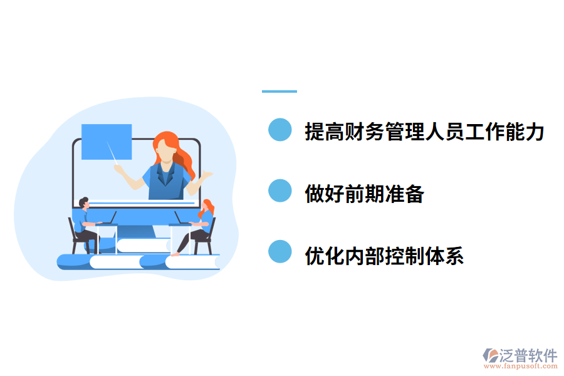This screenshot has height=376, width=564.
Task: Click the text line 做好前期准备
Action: [x=364, y=194]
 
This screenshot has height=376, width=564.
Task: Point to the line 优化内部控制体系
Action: [x=384, y=256]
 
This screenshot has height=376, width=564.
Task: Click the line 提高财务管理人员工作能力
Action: [x=424, y=132]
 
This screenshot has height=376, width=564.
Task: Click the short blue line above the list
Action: [x=279, y=91]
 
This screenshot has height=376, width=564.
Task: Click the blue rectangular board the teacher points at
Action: [x=107, y=141]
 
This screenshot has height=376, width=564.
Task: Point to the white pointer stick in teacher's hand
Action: [x=113, y=154]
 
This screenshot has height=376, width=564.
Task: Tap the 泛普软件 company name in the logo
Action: [x=528, y=355]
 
